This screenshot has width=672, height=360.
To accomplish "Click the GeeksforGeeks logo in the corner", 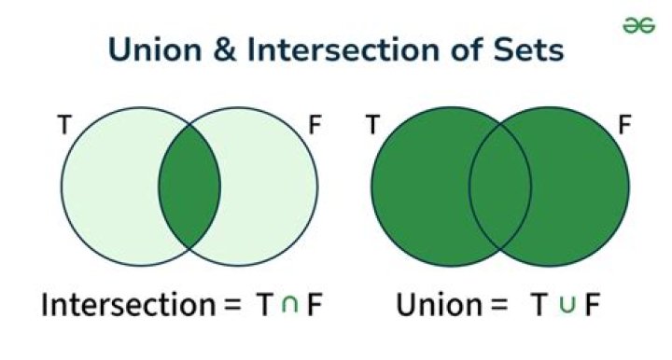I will (638, 26).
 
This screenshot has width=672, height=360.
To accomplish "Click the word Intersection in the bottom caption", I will (126, 305).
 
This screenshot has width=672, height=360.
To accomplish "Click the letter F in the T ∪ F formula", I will (591, 306).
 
